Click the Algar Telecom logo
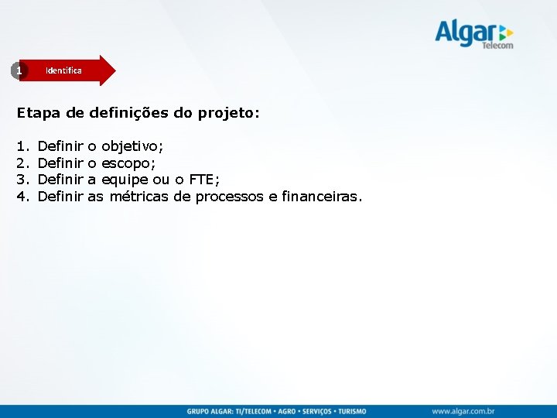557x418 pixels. coord(473,33)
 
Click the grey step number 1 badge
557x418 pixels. coord(19,70)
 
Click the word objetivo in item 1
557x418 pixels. coord(132,146)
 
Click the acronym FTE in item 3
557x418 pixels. coord(203,180)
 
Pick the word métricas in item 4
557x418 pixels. coord(139,197)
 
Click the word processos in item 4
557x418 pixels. coord(230,197)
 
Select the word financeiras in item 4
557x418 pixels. coord(320,197)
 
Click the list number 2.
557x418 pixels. coord(22,163)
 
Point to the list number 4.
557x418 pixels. coord(22,197)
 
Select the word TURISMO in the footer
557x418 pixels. coord(349,411)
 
